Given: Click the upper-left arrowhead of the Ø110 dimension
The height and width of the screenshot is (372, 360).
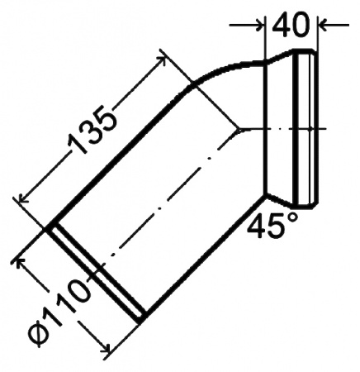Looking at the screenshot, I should [x=22, y=263].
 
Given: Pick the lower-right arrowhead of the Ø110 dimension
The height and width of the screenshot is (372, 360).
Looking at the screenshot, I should [x=104, y=346].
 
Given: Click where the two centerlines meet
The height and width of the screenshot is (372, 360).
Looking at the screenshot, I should [x=240, y=130].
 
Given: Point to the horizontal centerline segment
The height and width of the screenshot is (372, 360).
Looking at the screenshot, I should [x=281, y=130].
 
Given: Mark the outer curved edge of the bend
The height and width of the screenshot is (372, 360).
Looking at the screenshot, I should [x=223, y=69].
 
